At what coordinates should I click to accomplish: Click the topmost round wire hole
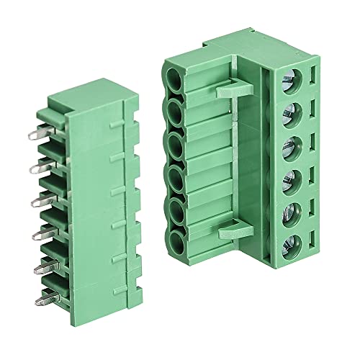175,78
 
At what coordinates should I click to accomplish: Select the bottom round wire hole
175,241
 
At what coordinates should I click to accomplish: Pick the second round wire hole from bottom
175,209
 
